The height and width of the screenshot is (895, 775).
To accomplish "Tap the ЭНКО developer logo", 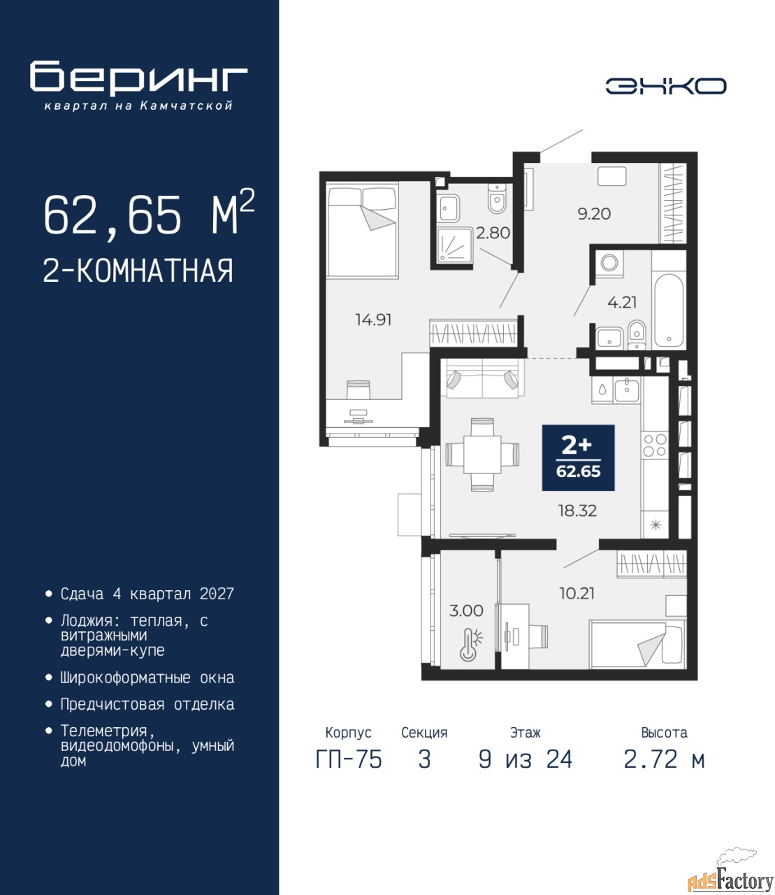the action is pyautogui.click(x=665, y=86).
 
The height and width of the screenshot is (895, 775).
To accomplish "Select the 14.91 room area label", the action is pyautogui.click(x=373, y=320).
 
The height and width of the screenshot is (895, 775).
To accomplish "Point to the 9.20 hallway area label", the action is pyautogui.click(x=594, y=213).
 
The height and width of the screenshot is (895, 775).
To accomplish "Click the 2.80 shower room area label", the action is pyautogui.click(x=493, y=233).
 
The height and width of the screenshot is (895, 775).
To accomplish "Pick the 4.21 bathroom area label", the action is pyautogui.click(x=622, y=302).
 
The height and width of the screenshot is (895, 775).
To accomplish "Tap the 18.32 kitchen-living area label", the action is pyautogui.click(x=578, y=511).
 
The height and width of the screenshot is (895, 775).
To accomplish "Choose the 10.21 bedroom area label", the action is pyautogui.click(x=577, y=593).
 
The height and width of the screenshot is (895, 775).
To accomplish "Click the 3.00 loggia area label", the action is pyautogui.click(x=466, y=610).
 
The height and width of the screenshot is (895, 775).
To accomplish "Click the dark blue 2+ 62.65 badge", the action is pyautogui.click(x=578, y=458).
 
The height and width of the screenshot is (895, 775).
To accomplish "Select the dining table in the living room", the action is pyautogui.click(x=482, y=454).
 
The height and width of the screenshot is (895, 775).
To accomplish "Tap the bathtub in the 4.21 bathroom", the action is pyautogui.click(x=669, y=310).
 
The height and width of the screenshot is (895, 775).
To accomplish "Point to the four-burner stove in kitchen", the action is pyautogui.click(x=655, y=445).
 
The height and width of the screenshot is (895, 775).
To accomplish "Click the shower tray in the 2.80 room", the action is pyautogui.click(x=454, y=245).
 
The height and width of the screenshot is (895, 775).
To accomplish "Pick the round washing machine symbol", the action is pyautogui.click(x=609, y=262).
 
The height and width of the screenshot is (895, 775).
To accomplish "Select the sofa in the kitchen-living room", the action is pyautogui.click(x=482, y=378).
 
